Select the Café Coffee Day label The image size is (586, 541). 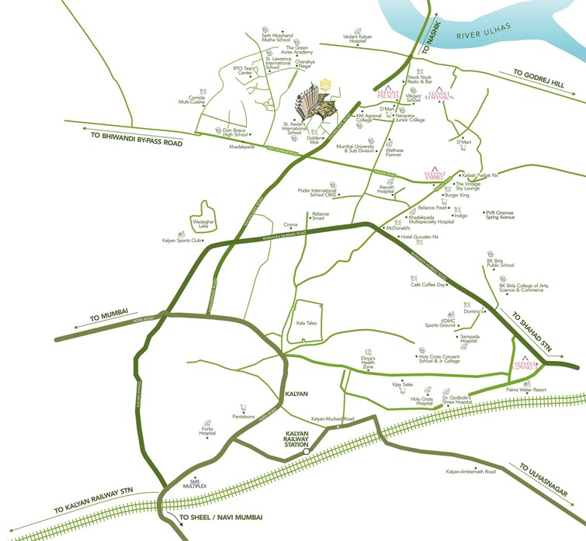point(428,285)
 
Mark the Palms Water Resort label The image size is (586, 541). point(526,390)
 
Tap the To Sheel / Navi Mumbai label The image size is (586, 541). point(221,517)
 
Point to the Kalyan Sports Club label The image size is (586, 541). point(182,241)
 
